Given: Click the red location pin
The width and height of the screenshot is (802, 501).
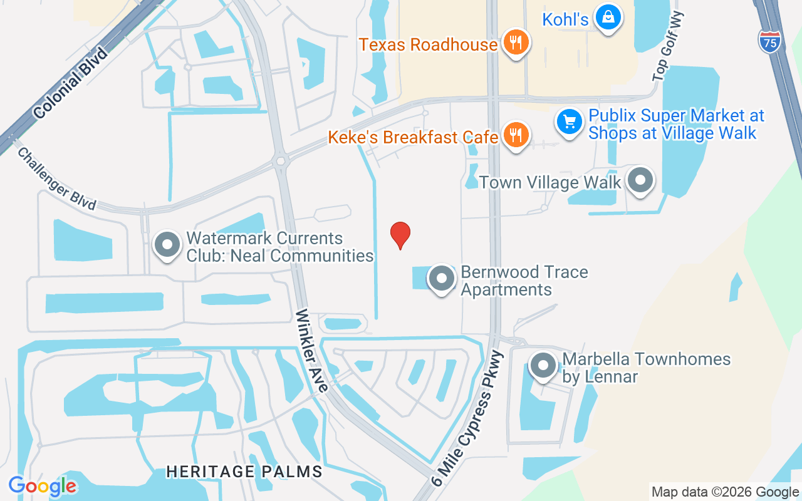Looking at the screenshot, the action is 400,235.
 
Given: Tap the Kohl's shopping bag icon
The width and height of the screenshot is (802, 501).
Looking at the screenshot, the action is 608,18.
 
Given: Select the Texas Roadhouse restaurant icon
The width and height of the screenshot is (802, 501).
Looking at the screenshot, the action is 516,43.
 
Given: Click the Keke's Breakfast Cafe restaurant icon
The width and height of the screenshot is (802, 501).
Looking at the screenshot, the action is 516,135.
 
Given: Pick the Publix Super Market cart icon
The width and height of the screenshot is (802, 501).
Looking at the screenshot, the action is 570,121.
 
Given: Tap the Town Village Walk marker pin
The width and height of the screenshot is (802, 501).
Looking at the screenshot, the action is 640,181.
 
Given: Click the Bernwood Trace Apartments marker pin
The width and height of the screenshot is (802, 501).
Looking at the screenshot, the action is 442,279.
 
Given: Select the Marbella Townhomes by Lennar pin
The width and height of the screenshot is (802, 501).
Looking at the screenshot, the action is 543,366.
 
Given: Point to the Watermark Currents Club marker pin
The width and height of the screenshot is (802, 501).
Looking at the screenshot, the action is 167,245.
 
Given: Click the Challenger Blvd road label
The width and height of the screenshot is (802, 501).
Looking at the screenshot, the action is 56,178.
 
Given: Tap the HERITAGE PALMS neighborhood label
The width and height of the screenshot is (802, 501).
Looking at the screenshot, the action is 244,472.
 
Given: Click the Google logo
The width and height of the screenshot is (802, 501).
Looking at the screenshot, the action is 43,486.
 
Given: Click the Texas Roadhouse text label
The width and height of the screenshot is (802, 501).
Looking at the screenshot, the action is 428,44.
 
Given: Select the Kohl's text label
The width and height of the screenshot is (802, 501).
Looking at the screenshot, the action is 565,19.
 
